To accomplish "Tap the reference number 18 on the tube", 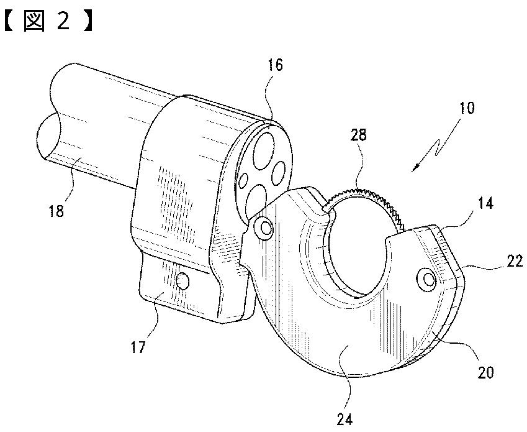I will (56, 211).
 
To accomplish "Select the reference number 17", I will (138, 346).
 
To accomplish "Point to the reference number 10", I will (467, 108).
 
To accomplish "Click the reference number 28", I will (358, 135).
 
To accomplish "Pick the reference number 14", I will (486, 203).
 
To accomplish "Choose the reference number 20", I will (485, 372).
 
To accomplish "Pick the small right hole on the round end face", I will (278, 169).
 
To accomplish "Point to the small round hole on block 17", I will (182, 282).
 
